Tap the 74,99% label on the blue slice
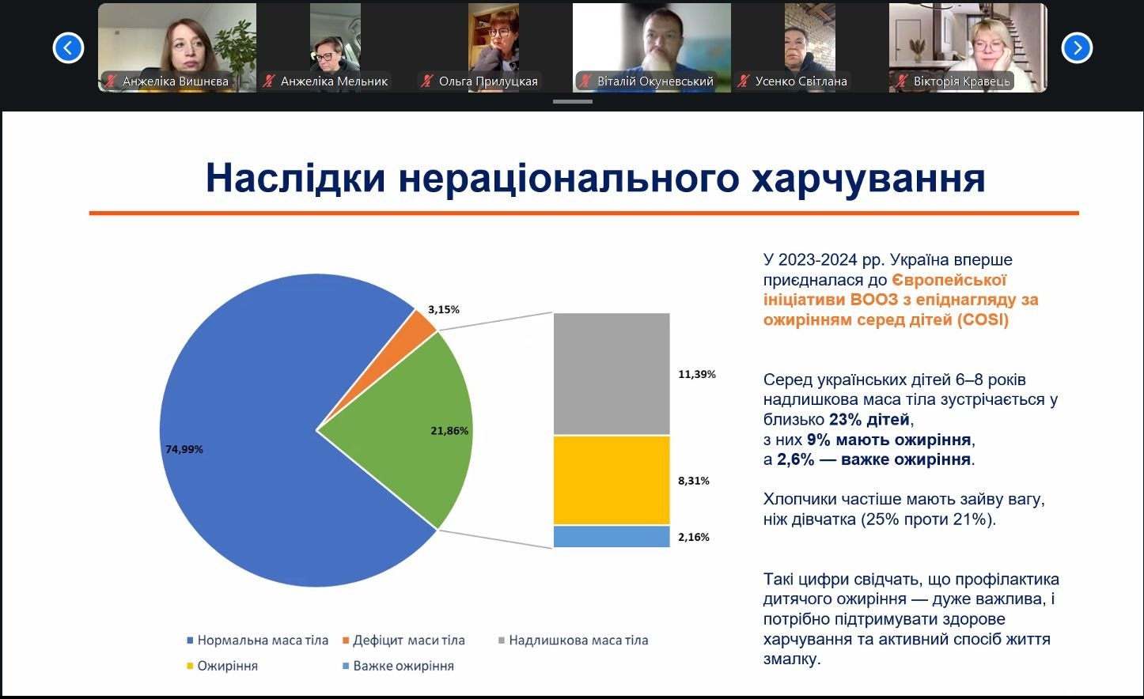pos(184,449)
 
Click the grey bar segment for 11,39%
pos(612,374)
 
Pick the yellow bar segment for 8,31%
pos(612,481)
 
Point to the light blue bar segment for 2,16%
pos(612,537)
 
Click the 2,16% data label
pos(694,537)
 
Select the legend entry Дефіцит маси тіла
pos(404,640)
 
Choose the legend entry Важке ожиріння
pos(398,666)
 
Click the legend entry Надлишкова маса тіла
pos(573,640)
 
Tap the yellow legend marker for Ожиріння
pos(190,667)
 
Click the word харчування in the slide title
pos(869,178)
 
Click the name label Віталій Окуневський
pos(655,81)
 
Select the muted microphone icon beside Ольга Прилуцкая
pos(427,81)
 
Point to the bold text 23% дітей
pos(869,419)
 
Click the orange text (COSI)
pos(983,319)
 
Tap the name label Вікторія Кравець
pos(962,81)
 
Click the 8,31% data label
pos(694,481)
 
